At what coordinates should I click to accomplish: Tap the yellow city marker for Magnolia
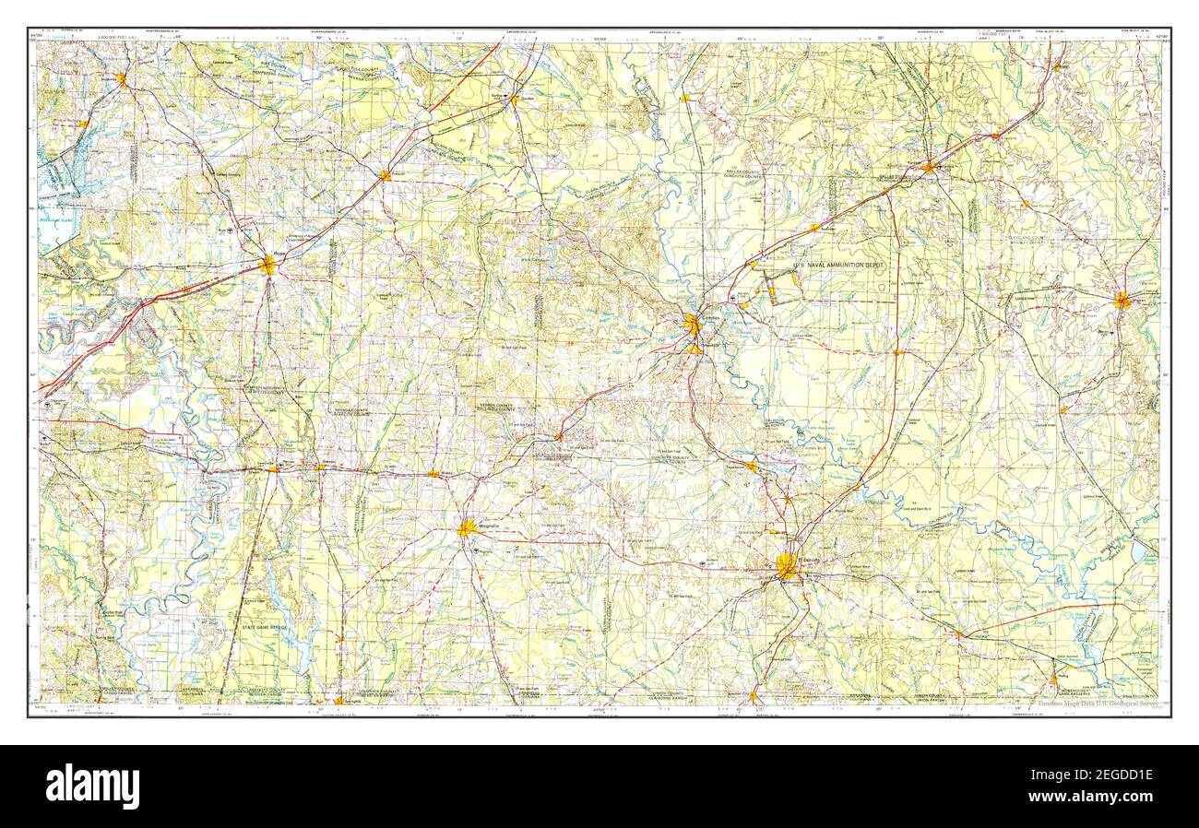(x=467, y=528)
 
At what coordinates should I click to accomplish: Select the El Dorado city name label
(x=808, y=558)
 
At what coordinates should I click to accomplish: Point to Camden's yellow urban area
(x=692, y=324)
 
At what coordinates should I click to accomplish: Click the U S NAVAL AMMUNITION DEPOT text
(x=838, y=265)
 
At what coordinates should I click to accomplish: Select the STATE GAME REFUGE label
(x=265, y=627)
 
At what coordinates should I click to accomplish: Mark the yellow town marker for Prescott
(x=385, y=174)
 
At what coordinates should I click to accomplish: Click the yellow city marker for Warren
(x=1122, y=300)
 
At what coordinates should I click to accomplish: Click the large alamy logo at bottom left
(x=92, y=787)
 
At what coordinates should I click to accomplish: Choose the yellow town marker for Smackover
(x=751, y=467)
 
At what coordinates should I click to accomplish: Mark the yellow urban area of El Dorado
(x=787, y=565)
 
